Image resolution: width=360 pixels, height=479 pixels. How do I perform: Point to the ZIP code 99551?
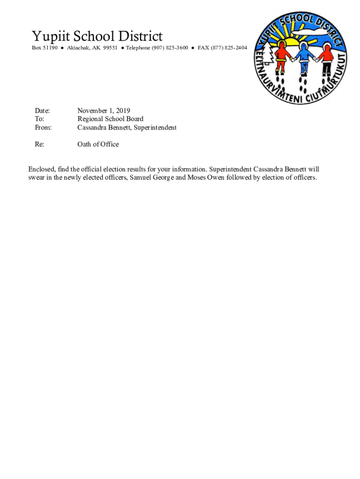click(x=110, y=48)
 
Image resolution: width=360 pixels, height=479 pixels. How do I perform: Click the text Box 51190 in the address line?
click(x=45, y=48)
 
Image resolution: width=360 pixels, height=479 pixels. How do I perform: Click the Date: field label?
click(x=43, y=111)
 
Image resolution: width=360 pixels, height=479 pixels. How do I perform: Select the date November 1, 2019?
click(x=104, y=111)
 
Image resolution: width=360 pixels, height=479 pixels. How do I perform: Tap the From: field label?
click(x=43, y=128)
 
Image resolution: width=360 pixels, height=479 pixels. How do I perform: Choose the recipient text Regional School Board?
click(x=110, y=119)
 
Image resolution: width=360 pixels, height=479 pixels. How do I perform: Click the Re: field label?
click(x=40, y=145)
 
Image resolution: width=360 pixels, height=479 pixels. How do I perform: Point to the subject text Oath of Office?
click(x=98, y=145)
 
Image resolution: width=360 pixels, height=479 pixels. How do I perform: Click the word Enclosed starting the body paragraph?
click(x=42, y=169)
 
